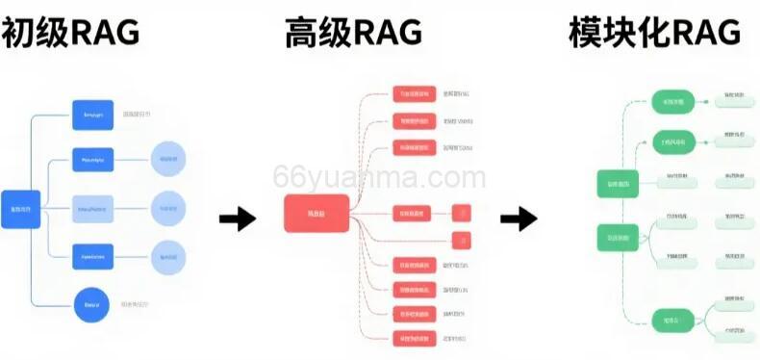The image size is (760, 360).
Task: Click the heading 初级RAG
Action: coord(71,33)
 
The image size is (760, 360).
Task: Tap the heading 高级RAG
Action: coord(353,33)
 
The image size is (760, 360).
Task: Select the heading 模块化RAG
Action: coord(655,33)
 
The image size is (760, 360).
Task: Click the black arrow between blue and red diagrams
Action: coord(237,219)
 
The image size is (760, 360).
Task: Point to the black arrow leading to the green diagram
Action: coord(519,219)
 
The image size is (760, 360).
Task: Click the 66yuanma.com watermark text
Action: coord(379,178)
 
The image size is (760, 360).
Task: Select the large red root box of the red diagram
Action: coord(316,213)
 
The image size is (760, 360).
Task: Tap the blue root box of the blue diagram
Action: coord(21,209)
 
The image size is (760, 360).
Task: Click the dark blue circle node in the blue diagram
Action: coord(88,305)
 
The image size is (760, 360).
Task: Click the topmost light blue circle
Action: coord(169,158)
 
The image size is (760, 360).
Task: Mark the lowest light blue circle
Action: coord(169,256)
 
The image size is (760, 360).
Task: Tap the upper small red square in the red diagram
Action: coord(462,213)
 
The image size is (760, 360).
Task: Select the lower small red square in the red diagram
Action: coord(462,239)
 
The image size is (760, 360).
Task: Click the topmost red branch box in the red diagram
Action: coord(415,94)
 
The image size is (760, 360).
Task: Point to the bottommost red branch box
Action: coord(415,339)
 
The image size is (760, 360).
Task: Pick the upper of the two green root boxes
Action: coord(618,184)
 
